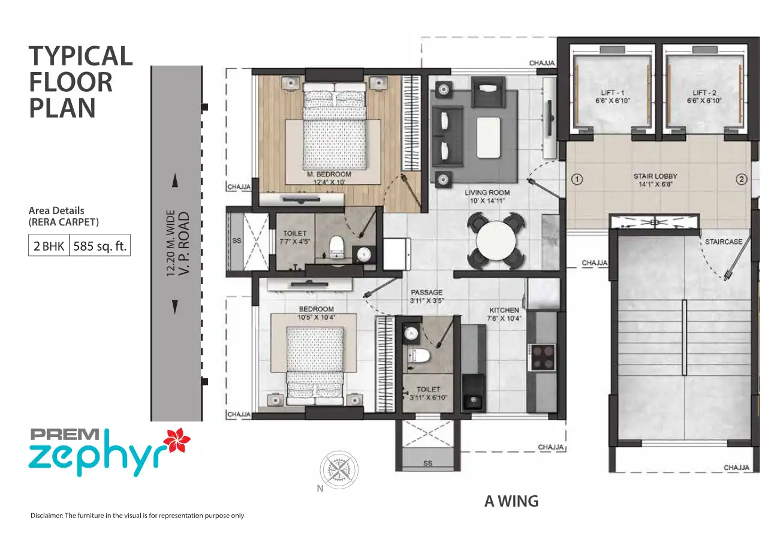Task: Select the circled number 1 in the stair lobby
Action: [577, 179]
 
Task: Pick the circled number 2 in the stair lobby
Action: [741, 179]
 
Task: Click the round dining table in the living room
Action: [496, 240]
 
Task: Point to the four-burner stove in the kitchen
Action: [541, 357]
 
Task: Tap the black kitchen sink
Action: [473, 392]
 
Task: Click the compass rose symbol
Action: [339, 470]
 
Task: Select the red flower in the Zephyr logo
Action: [176, 441]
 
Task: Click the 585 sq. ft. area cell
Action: [100, 246]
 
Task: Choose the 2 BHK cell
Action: [49, 246]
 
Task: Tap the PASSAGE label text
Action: [427, 293]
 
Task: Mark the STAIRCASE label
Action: [724, 242]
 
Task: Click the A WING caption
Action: [511, 501]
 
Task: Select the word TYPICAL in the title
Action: [80, 56]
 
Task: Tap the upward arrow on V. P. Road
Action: [175, 180]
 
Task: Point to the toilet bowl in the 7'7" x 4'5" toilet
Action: [336, 245]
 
